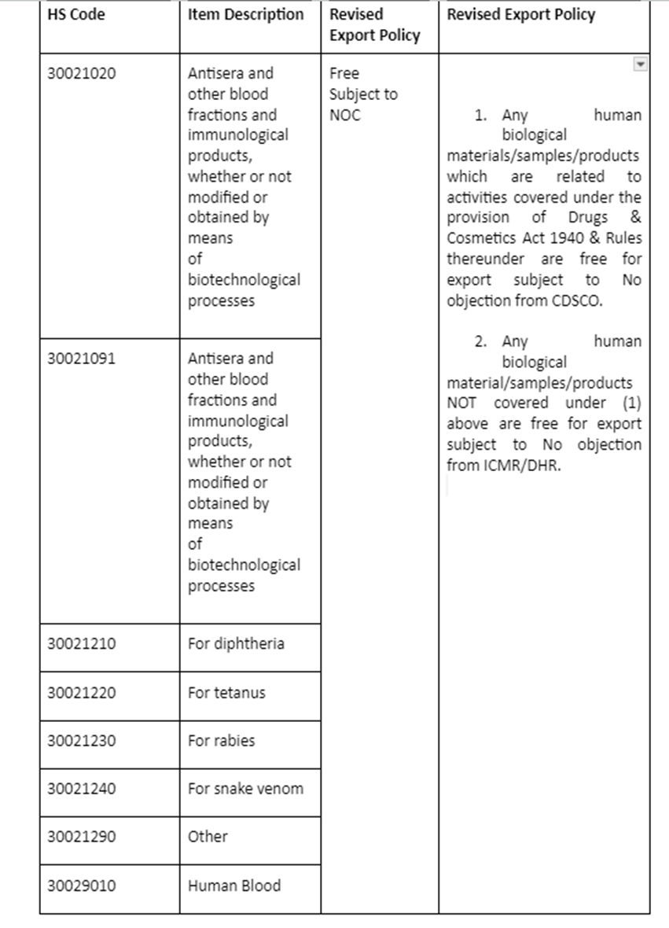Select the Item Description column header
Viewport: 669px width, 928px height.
tap(245, 15)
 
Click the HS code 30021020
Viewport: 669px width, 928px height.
tap(81, 73)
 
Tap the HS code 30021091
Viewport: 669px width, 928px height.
tap(81, 359)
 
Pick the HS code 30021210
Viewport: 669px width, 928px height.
tap(81, 644)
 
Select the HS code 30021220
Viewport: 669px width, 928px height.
tap(81, 693)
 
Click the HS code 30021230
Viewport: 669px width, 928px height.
tap(81, 741)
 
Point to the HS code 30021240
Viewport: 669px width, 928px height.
tap(81, 789)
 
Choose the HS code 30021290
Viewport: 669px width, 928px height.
tap(81, 837)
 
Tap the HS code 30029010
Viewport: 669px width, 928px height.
tap(81, 886)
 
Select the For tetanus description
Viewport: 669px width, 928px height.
tap(226, 693)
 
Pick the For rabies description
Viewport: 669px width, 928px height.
tap(221, 741)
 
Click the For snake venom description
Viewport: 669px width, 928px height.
tap(245, 789)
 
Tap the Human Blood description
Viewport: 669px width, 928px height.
tap(233, 886)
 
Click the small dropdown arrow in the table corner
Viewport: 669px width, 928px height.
tap(641, 64)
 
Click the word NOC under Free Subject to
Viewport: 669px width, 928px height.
tap(345, 115)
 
